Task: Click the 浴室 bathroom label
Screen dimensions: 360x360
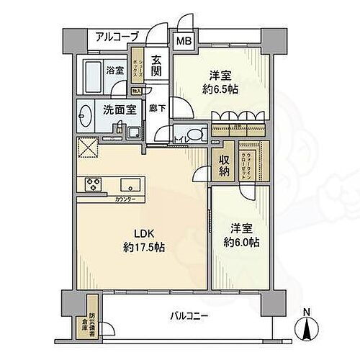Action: (x=117, y=72)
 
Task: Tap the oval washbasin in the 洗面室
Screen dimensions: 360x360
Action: (x=86, y=115)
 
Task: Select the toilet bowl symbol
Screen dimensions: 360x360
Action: (x=197, y=134)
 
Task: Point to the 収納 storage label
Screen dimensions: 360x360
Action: (x=223, y=166)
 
